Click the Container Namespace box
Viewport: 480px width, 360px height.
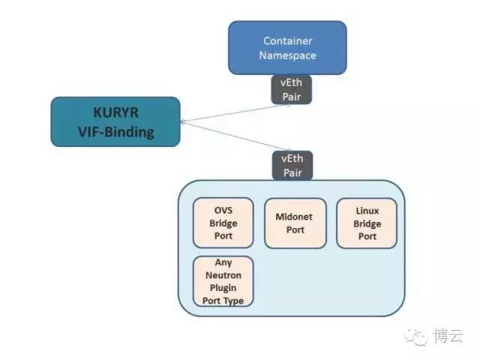coord(287,48)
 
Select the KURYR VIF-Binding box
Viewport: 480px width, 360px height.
coord(115,121)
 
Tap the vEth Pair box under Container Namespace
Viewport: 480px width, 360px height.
coord(292,89)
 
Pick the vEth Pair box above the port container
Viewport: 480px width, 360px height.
coord(292,165)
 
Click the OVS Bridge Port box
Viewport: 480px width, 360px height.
coord(223,223)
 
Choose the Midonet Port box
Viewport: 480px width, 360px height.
coord(295,223)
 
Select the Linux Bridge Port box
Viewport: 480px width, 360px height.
coord(367,223)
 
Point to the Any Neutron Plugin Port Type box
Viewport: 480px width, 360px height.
coord(223,281)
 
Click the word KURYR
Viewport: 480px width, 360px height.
coord(115,112)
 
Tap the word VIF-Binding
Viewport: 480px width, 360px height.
coord(116,132)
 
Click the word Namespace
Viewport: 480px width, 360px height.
coord(288,55)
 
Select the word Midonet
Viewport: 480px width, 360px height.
coord(294,217)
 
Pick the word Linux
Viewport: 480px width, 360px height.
coord(367,211)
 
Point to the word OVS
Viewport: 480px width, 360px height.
coord(223,210)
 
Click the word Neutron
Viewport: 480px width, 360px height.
coord(223,275)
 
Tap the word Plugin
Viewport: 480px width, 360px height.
coord(223,288)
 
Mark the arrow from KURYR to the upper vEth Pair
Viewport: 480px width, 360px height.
coord(235,113)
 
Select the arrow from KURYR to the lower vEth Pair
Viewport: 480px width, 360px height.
coord(236,136)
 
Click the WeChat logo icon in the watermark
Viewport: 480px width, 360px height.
coord(415,337)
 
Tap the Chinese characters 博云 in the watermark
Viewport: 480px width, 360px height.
coord(448,336)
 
